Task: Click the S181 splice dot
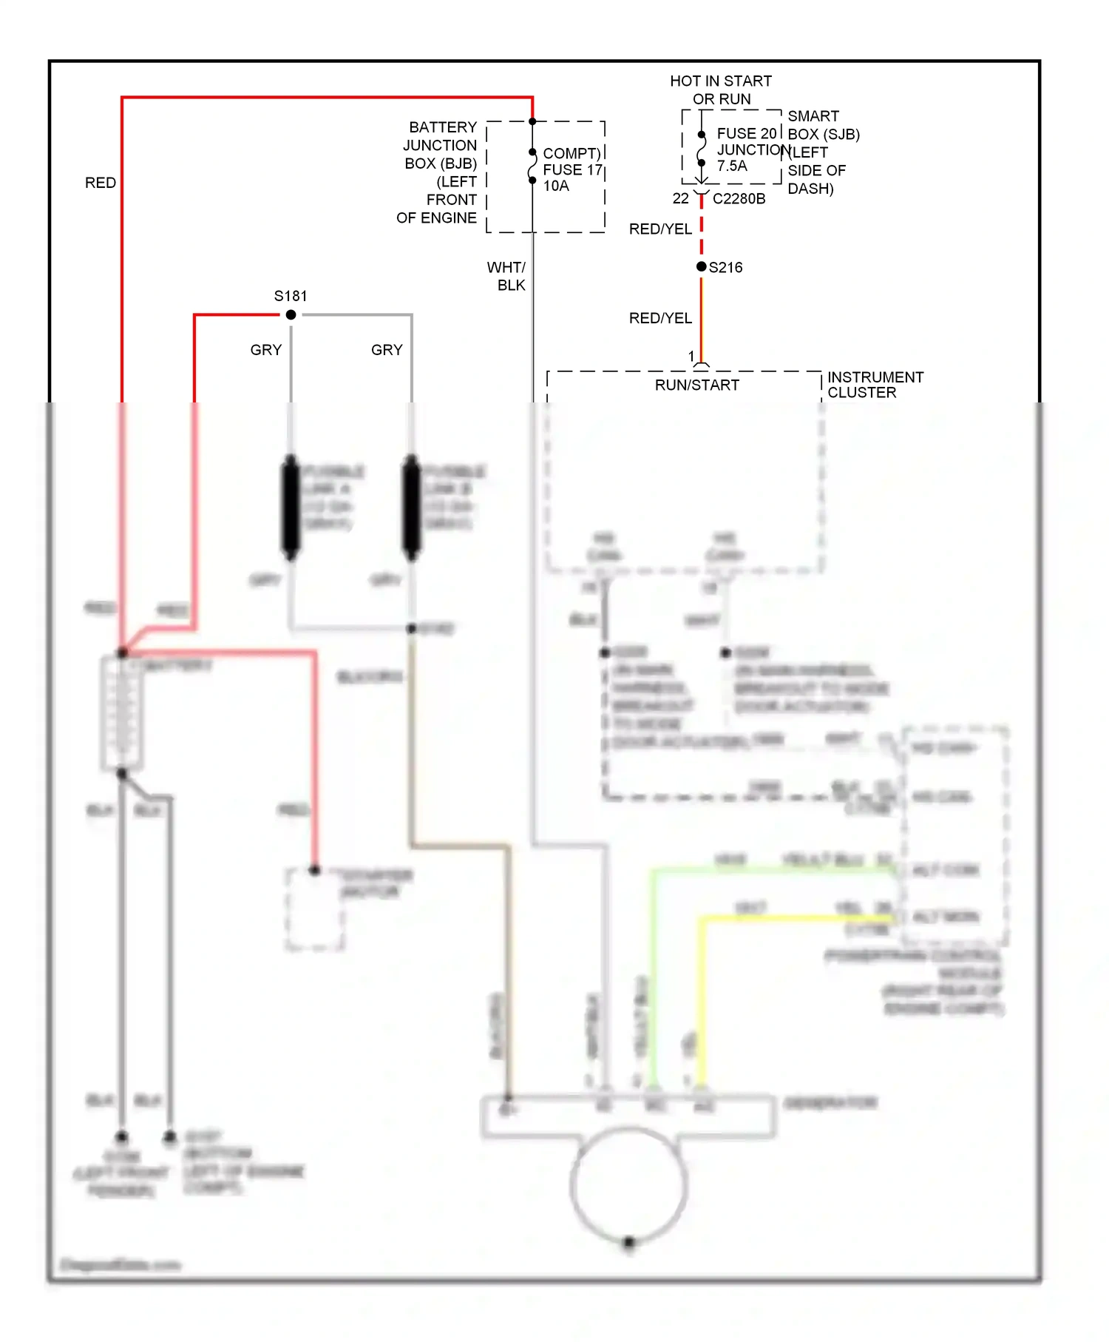[x=291, y=315]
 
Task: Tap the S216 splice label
[x=725, y=268]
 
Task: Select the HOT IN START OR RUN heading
[x=721, y=90]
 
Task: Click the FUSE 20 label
[x=746, y=134]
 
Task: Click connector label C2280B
[x=739, y=199]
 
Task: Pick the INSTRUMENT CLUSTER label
[x=875, y=385]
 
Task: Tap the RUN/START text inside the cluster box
[x=696, y=385]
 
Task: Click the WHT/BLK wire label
[x=507, y=276]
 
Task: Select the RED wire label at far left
[x=101, y=183]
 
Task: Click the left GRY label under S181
[x=266, y=350]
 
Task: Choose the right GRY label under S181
[x=387, y=350]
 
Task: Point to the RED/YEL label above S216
[x=660, y=229]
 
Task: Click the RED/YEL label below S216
[x=660, y=318]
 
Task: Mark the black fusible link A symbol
[x=291, y=508]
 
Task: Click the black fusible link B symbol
[x=411, y=508]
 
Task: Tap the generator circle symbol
[x=628, y=1184]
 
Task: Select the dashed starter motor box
[x=315, y=910]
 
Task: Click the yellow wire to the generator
[x=701, y=999]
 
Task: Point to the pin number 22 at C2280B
[x=680, y=199]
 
